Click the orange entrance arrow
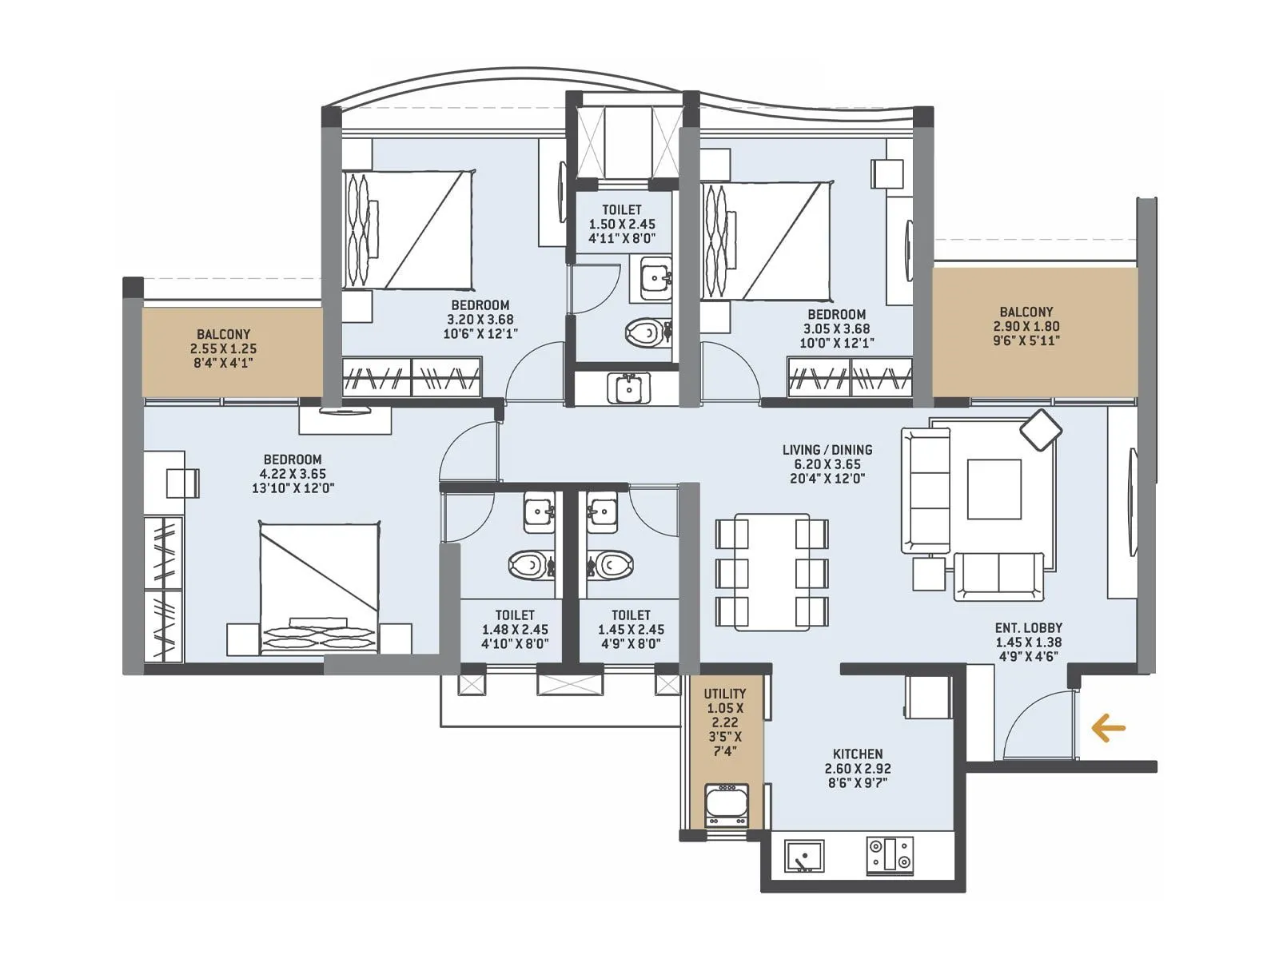(x=1108, y=728)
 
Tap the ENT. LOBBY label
(x=1028, y=628)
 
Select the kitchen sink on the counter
(x=803, y=856)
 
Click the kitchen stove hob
(x=890, y=855)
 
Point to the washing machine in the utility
(x=726, y=806)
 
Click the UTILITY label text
(x=725, y=694)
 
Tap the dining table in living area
(x=771, y=572)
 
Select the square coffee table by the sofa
(x=994, y=489)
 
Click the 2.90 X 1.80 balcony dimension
(x=1026, y=326)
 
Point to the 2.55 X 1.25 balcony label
(x=223, y=348)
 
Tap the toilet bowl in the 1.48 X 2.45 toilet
(x=528, y=566)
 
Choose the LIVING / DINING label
(x=827, y=450)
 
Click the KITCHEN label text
(x=857, y=754)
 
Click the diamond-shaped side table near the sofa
(x=1041, y=430)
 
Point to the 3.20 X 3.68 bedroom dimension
(x=480, y=320)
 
